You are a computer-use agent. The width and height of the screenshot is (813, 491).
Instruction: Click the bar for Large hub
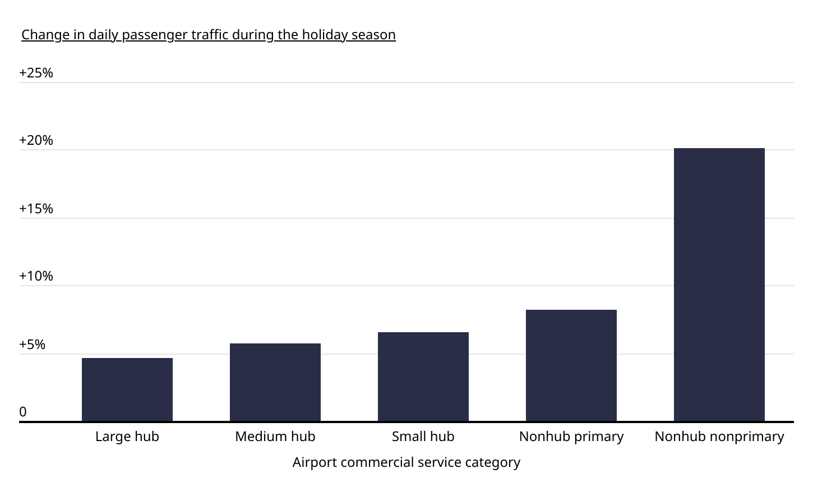point(127,389)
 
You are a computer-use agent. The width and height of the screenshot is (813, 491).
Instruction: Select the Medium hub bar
point(275,382)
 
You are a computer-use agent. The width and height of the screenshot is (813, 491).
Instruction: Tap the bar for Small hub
point(423,377)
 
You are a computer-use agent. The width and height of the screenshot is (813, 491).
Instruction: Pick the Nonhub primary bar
point(571,365)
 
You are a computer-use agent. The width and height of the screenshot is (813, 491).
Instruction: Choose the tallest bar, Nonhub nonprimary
point(719,284)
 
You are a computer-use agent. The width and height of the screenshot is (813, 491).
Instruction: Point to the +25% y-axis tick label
point(36,73)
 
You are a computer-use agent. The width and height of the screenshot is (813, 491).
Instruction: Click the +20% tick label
point(36,140)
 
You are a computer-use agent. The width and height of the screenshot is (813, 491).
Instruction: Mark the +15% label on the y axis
point(36,209)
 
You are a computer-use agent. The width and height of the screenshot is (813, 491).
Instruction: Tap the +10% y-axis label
point(36,276)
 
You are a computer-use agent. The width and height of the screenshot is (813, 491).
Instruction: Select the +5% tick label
point(32,345)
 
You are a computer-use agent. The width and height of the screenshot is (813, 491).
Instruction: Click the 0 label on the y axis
point(23,412)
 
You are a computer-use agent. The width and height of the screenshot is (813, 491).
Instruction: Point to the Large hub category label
point(127,437)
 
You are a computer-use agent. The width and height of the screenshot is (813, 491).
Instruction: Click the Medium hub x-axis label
point(275,437)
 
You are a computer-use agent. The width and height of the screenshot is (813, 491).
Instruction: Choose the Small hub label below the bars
point(423,437)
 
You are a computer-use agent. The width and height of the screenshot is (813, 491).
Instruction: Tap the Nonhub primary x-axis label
point(571,437)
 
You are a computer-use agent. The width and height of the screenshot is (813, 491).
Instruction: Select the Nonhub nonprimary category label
point(719,437)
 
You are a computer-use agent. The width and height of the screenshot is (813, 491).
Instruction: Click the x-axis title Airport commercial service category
point(406,462)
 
